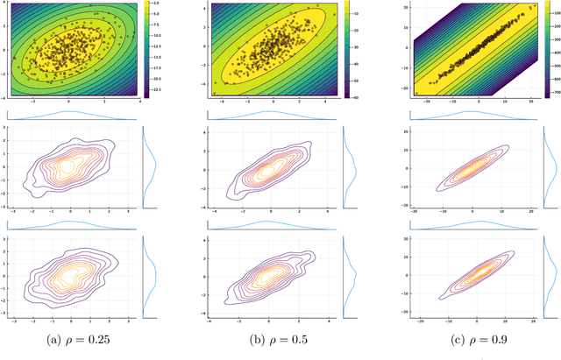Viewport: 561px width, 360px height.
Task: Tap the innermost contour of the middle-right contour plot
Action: (472, 167)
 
